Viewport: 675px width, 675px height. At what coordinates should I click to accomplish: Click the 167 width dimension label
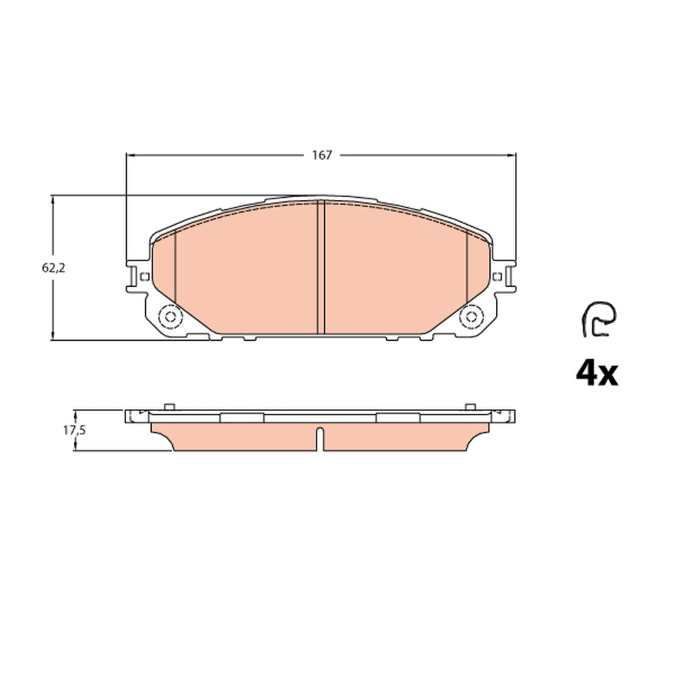click(322, 155)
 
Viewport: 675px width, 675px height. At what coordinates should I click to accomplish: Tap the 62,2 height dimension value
click(53, 268)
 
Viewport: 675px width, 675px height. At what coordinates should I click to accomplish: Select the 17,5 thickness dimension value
click(74, 430)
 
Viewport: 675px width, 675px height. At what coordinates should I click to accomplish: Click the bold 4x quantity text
click(597, 374)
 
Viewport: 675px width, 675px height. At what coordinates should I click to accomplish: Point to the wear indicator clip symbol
click(599, 319)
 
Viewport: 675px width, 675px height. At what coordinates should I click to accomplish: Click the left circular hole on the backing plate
click(171, 317)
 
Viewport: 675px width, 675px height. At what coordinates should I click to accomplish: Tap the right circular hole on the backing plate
click(471, 317)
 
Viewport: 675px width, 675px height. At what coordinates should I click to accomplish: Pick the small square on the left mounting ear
click(144, 276)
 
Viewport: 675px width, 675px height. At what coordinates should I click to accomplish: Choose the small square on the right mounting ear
click(497, 276)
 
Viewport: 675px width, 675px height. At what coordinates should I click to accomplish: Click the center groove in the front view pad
click(321, 267)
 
